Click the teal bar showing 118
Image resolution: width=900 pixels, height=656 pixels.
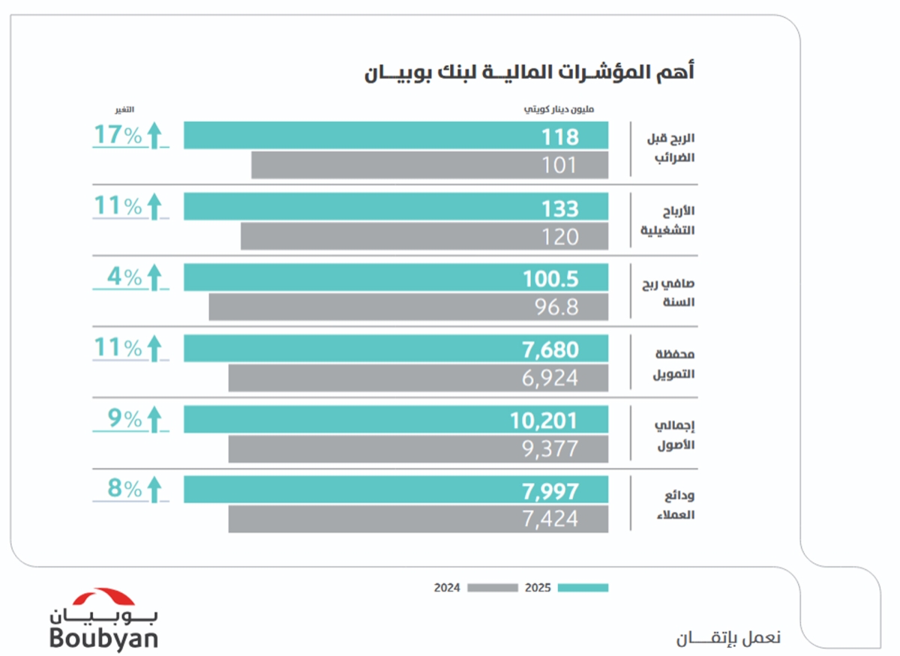(x=395, y=136)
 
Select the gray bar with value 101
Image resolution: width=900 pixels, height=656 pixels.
(x=429, y=165)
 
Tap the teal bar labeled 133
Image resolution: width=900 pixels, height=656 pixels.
(x=395, y=207)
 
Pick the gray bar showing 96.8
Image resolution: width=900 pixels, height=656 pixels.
(x=408, y=307)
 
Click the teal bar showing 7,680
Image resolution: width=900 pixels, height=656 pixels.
(x=395, y=349)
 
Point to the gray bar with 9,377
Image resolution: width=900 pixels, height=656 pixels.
(x=418, y=449)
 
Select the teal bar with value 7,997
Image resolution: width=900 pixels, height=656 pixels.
(x=395, y=490)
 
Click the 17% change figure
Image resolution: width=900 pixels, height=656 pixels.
(x=118, y=135)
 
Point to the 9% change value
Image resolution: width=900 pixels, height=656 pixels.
(x=125, y=418)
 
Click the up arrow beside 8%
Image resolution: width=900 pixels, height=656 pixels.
(x=154, y=490)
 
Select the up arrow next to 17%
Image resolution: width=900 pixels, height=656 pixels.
(x=154, y=136)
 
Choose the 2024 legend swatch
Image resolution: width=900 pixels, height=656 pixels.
(x=493, y=588)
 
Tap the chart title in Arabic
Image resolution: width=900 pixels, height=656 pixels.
(x=529, y=73)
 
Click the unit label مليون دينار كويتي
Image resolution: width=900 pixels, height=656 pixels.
(x=559, y=110)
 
